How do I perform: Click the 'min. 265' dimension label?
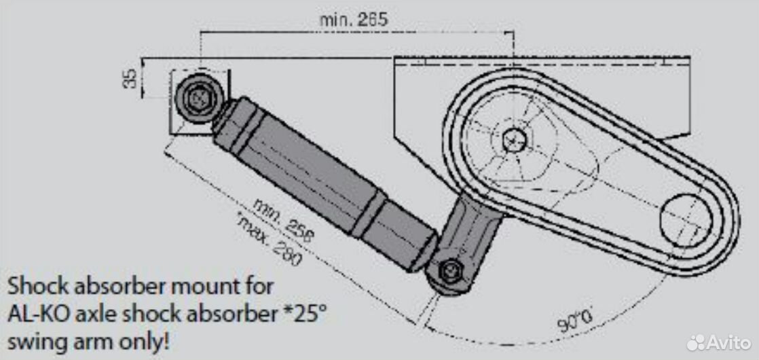(354, 20)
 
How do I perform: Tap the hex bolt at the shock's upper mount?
(198, 98)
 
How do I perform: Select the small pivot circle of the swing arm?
(514, 140)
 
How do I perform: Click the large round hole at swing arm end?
(686, 221)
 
